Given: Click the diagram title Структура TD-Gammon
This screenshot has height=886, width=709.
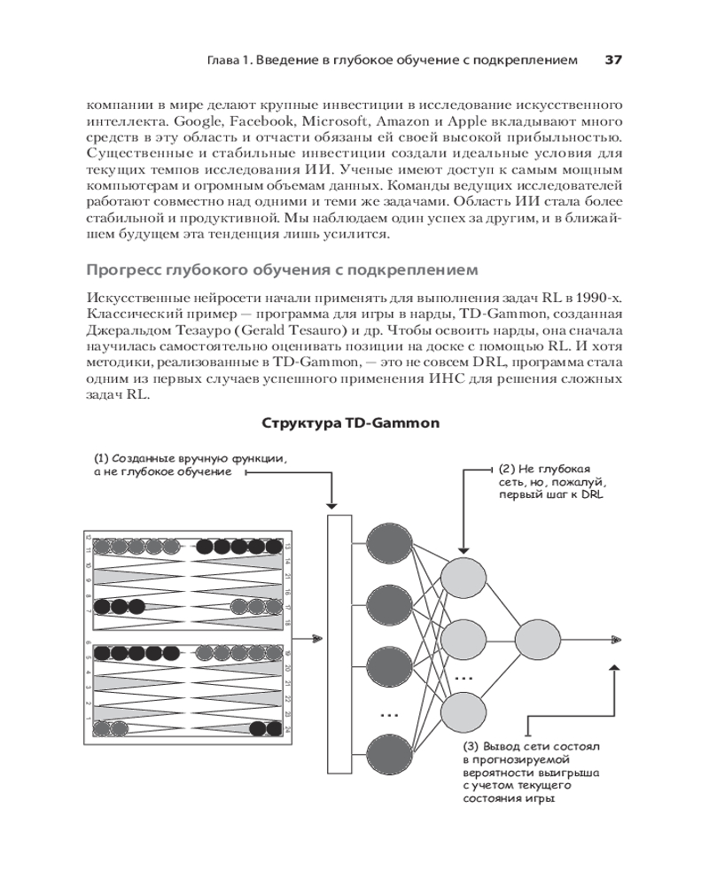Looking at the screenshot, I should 351,424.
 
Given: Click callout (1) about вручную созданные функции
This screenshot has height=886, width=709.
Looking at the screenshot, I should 191,465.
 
